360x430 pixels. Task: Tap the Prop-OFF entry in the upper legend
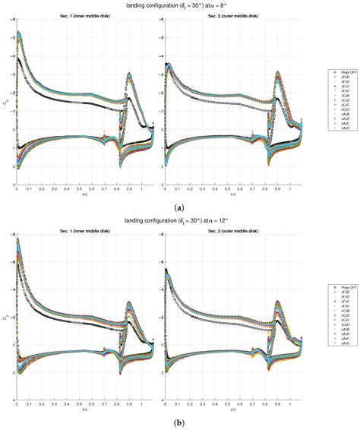click(334, 71)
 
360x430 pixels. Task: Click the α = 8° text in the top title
click(226, 6)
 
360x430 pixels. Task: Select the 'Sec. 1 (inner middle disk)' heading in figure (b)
click(84, 232)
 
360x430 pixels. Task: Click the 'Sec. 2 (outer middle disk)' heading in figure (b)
click(232, 232)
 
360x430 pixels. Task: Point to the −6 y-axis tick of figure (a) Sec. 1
click(11, 24)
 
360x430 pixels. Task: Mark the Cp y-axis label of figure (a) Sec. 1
click(5, 105)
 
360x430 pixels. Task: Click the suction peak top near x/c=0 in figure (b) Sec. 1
click(18, 241)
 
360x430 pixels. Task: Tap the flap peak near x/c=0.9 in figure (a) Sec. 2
click(278, 74)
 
